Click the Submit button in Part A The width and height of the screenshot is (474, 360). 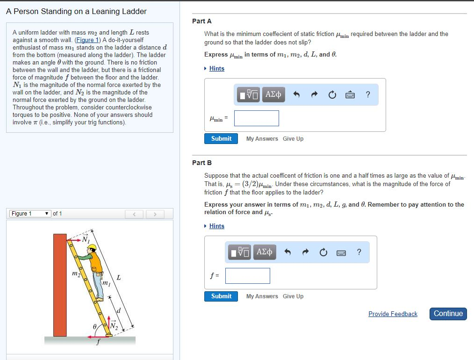(x=221, y=139)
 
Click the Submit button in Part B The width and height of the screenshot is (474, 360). (x=221, y=296)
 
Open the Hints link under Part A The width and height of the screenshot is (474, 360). (x=216, y=69)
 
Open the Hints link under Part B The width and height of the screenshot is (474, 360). (x=216, y=226)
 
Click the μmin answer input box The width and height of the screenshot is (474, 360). (x=257, y=118)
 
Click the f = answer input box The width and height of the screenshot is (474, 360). (x=248, y=276)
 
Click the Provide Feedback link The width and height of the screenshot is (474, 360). (x=393, y=314)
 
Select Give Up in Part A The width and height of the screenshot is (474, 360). (x=293, y=139)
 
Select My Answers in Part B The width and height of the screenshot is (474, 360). (x=262, y=296)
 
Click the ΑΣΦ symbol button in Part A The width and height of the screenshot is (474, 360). (x=273, y=95)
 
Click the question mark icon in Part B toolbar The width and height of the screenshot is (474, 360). (x=359, y=252)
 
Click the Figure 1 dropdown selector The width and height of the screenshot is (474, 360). (x=31, y=214)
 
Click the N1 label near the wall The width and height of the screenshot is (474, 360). (x=86, y=240)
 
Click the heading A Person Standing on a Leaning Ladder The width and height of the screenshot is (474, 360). (x=76, y=11)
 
